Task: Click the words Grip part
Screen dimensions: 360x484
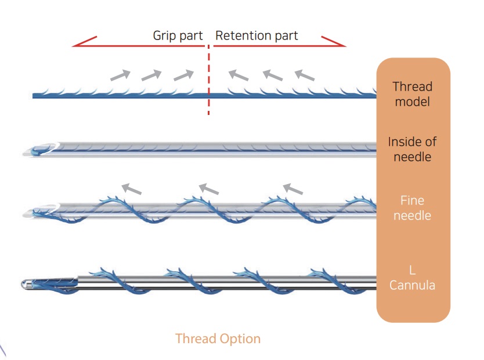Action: click(178, 35)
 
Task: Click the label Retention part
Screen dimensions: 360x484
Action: click(257, 35)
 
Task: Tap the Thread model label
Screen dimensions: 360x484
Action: click(412, 94)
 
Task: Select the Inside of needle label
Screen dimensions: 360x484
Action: click(412, 149)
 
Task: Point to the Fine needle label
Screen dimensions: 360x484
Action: click(412, 208)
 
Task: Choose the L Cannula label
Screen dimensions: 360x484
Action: click(412, 278)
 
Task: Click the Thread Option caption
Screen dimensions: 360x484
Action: click(218, 339)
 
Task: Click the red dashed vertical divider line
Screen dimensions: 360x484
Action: click(208, 81)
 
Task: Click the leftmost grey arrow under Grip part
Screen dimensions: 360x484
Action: click(120, 74)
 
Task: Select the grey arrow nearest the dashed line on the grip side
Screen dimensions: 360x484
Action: click(183, 74)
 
